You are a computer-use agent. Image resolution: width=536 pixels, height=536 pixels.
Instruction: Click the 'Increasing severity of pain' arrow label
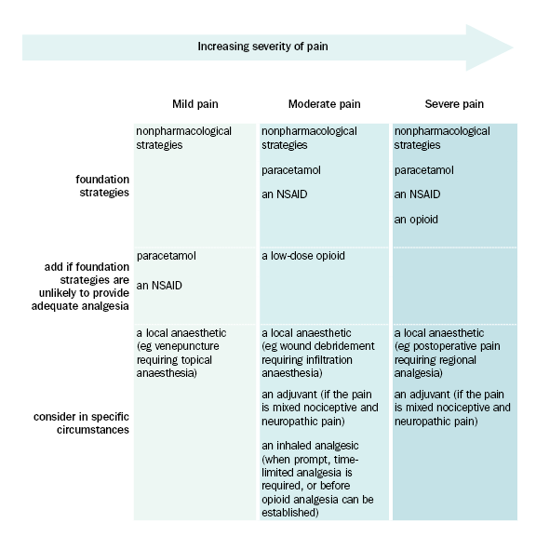point(262,47)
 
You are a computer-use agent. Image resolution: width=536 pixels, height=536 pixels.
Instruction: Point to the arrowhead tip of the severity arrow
point(514,47)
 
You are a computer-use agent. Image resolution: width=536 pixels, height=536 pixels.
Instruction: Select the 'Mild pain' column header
point(194,104)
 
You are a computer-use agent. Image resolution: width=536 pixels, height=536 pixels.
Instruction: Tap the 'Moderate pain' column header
point(324,104)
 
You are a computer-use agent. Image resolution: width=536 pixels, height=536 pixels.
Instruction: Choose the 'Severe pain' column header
point(454,104)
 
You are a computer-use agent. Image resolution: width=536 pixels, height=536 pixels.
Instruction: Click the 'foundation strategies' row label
point(102,186)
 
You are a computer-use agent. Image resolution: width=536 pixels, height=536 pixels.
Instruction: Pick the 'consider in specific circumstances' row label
point(81,423)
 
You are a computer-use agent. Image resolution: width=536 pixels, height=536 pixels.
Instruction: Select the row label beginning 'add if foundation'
point(80,286)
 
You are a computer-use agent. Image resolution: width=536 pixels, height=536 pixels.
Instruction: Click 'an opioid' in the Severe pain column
point(416,219)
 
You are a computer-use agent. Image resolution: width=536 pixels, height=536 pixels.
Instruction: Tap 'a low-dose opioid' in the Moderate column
point(303,256)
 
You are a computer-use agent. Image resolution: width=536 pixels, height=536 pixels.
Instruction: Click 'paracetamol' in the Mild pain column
point(167,256)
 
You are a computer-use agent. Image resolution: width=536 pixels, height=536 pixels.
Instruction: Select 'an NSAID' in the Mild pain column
point(159,286)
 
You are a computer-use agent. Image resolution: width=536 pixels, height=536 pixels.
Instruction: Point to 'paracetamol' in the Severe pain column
point(424,170)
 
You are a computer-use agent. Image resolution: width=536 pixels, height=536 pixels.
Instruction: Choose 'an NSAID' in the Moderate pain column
point(285,194)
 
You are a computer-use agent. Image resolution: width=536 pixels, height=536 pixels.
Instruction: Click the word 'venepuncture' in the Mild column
point(187,346)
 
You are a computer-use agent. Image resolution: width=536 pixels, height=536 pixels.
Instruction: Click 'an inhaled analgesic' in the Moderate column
point(310,446)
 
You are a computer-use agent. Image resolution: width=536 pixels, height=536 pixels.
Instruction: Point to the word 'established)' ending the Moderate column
point(290,513)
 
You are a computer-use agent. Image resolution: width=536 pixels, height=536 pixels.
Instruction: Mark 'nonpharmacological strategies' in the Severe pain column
point(442,138)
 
